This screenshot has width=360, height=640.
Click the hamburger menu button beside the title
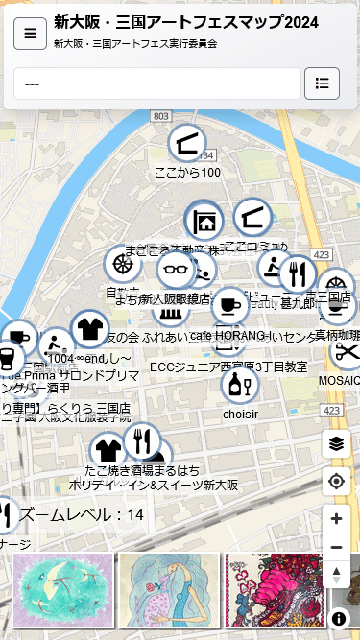pyautogui.click(x=30, y=34)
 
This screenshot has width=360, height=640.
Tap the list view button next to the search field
pyautogui.click(x=322, y=83)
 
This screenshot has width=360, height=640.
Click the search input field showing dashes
pyautogui.click(x=156, y=83)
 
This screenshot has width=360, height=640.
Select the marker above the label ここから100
pyautogui.click(x=187, y=144)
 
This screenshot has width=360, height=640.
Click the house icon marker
pyautogui.click(x=204, y=222)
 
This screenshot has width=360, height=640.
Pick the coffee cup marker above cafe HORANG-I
pyautogui.click(x=229, y=306)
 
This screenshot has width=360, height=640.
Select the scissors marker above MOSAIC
pyautogui.click(x=347, y=351)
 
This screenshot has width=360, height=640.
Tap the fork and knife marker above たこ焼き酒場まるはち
pyautogui.click(x=142, y=441)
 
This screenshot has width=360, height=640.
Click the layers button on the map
pyautogui.click(x=336, y=443)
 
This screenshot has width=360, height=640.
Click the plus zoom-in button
pyautogui.click(x=336, y=519)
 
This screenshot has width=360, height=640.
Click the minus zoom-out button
pyautogui.click(x=336, y=547)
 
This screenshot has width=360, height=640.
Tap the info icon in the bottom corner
pyautogui.click(x=339, y=619)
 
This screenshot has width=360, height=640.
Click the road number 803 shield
pyautogui.click(x=160, y=116)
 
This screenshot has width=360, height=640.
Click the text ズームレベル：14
pyautogui.click(x=82, y=514)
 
